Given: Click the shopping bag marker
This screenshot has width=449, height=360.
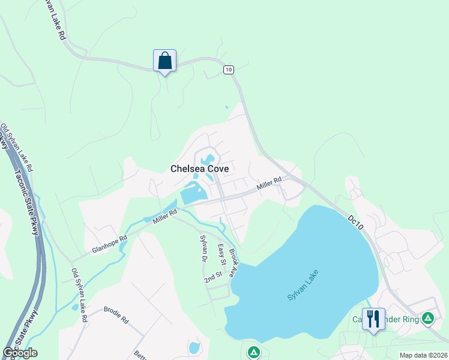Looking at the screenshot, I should pos(164,61).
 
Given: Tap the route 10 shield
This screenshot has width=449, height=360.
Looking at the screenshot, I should pos(228,70).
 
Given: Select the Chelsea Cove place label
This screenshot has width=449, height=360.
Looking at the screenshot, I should pos(200,169).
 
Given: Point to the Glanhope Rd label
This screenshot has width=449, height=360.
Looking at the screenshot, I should pos(110,243).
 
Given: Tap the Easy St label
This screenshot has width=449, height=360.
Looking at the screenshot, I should pos(221,255).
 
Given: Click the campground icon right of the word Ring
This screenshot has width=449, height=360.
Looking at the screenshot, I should pos(427,318).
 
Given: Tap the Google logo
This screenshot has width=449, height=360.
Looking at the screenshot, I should pos(20,353).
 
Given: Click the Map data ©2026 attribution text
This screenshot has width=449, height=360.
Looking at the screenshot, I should pos(423,355).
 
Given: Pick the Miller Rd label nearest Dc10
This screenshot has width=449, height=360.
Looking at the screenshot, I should pos(270,184).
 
